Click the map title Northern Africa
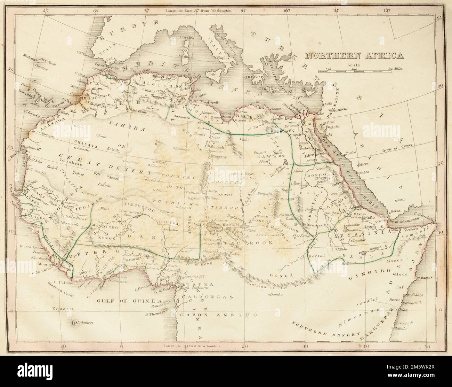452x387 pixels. [x=354, y=55]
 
